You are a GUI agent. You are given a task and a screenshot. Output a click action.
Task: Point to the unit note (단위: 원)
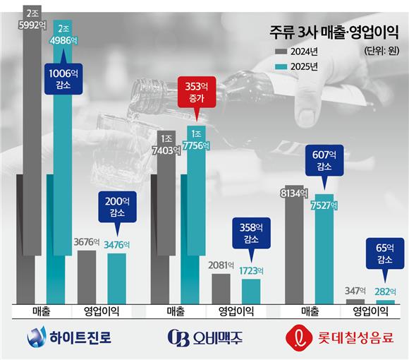point(383,52)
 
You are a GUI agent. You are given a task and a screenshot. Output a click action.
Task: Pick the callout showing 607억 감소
point(324,162)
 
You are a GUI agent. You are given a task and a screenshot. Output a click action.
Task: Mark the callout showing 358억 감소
point(251,234)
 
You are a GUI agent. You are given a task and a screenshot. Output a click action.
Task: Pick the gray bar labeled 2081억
point(221,288)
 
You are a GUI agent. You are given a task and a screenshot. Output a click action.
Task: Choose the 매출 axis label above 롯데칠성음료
point(310,311)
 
